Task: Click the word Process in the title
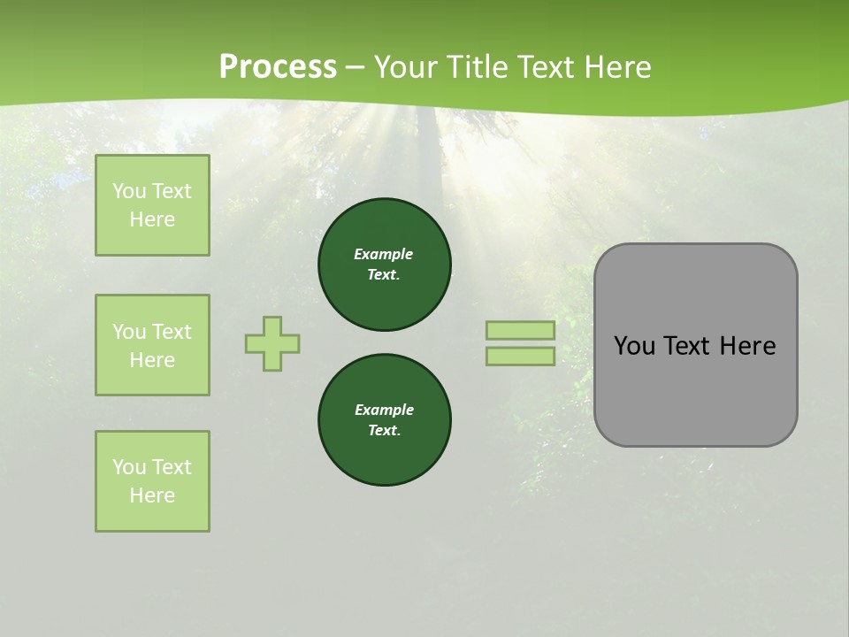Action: point(278,67)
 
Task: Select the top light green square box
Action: point(152,205)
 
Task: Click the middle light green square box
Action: point(152,345)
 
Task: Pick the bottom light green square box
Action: point(152,481)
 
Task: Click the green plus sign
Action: point(272,343)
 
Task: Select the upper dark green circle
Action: point(385,264)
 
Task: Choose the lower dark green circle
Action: point(385,420)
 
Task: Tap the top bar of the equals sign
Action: point(520,330)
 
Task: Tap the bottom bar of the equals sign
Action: point(520,356)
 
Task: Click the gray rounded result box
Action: point(695,389)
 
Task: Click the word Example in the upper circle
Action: point(384,254)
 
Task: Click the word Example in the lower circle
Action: point(384,410)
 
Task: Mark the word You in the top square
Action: point(128,191)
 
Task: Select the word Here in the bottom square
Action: point(152,495)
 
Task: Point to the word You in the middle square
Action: point(128,332)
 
